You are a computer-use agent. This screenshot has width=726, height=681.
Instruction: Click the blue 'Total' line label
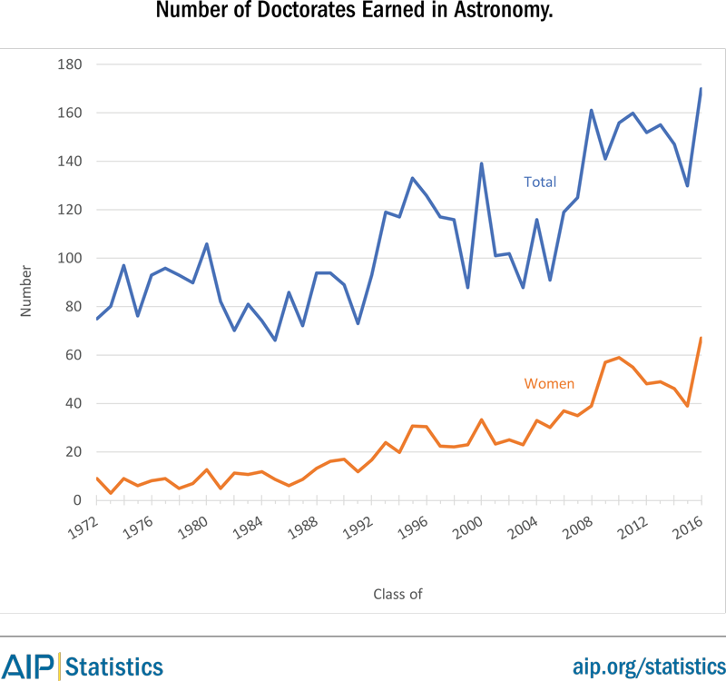click(x=540, y=183)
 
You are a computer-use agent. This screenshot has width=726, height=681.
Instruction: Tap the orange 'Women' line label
click(x=549, y=383)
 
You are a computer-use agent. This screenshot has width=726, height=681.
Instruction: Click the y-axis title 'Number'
click(x=26, y=291)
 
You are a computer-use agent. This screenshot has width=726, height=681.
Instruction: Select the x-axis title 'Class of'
click(x=397, y=595)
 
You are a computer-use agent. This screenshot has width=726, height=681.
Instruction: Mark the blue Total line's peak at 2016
click(x=701, y=89)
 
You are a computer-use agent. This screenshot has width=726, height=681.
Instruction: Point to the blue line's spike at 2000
click(x=480, y=163)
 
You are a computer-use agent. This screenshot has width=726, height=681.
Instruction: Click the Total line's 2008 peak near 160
click(x=591, y=111)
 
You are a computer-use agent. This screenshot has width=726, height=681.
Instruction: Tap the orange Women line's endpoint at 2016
click(x=701, y=338)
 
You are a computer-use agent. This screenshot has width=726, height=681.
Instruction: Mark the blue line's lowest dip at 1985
click(x=275, y=340)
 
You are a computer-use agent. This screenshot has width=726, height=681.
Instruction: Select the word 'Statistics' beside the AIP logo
click(x=114, y=666)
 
